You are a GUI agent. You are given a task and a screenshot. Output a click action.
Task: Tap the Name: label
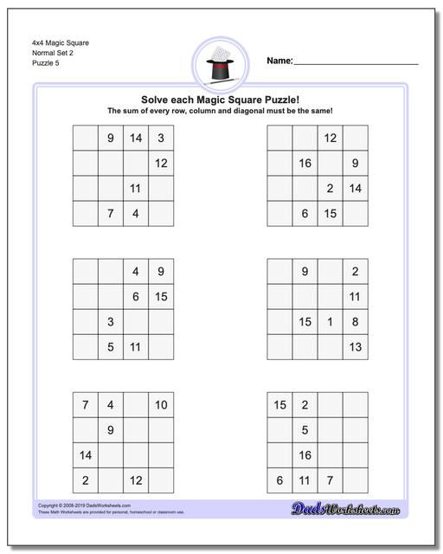coord(279,61)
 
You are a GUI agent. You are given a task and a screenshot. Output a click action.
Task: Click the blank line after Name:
coord(356,62)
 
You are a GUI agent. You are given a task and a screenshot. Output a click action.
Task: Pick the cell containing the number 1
coord(330,322)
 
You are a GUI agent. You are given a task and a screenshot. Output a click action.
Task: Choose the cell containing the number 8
coord(355,322)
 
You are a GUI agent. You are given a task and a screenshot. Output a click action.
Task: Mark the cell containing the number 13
coord(355,347)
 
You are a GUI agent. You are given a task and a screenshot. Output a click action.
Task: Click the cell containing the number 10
coord(161,405)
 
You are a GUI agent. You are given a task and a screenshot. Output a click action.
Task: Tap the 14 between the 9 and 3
coord(136,138)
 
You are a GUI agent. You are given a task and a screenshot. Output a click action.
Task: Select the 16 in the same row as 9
coord(305,164)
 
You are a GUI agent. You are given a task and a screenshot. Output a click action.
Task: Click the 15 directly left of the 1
coord(305,322)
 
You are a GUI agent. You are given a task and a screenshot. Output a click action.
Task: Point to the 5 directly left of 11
coord(111,347)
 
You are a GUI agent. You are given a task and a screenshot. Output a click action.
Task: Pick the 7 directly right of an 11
coord(330,480)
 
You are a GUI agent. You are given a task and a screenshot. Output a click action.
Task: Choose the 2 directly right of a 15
coord(305,405)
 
